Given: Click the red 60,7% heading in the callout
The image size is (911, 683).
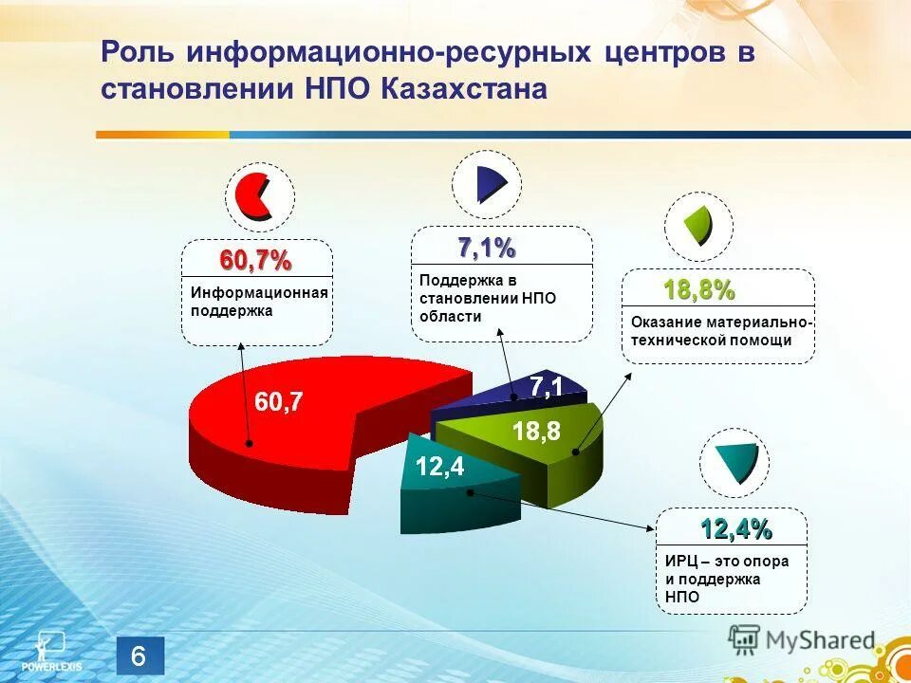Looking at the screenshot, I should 256,260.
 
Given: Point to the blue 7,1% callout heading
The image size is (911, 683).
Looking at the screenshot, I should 487,249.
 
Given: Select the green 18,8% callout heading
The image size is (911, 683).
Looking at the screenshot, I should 698,290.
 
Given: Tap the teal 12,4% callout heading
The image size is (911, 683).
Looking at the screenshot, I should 736,529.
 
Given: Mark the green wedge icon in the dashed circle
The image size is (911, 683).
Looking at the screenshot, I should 700,225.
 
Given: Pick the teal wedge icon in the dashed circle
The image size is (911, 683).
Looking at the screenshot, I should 736,463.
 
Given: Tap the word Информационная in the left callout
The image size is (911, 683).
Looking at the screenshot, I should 259,293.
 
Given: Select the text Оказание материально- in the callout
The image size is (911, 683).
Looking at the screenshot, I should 721,323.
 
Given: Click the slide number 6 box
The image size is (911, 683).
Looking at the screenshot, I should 140,655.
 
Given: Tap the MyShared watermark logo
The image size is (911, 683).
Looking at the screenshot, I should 803,640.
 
